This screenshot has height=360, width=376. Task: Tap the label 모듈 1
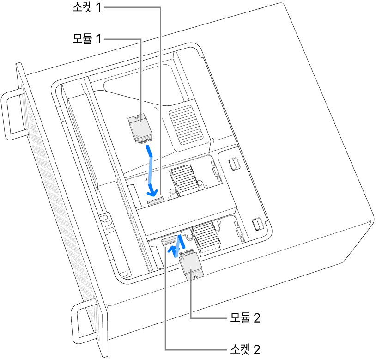point(86,40)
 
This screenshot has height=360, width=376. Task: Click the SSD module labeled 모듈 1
point(139,127)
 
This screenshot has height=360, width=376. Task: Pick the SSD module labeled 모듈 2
point(190,267)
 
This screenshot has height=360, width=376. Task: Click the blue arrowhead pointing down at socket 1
point(151,189)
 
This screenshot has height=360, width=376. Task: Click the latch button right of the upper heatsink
point(234,165)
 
